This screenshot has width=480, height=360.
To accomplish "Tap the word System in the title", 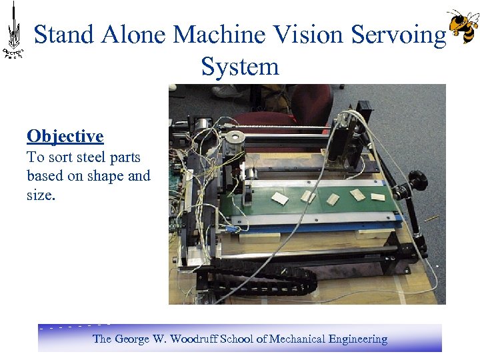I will point(239,67).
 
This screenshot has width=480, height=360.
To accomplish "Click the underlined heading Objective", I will point(65,137).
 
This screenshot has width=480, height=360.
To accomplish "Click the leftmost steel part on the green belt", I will point(279,198).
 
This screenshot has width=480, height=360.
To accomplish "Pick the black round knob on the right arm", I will point(419,178).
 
